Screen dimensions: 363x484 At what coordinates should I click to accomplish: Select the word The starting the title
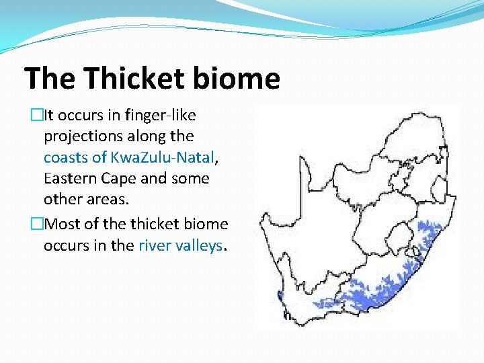(x=53, y=79)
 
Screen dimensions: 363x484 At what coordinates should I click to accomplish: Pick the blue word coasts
(x=65, y=157)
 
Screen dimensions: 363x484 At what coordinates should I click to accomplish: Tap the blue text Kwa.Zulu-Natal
(x=161, y=157)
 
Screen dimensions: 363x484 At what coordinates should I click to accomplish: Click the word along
(x=146, y=136)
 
